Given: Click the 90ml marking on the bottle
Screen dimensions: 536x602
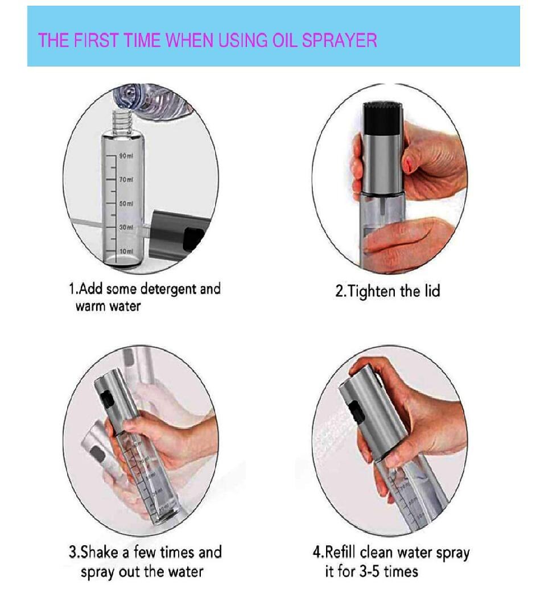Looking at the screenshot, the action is pos(126,156).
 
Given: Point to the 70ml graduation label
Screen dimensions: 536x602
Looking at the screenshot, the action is pos(126,180).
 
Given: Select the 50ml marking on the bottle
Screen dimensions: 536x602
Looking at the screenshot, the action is pos(126,204).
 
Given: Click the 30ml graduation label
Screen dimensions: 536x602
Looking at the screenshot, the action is pos(126,227).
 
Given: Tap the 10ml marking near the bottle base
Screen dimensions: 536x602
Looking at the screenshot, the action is pos(126,251).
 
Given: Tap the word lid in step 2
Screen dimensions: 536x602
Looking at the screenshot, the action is pos(432,291).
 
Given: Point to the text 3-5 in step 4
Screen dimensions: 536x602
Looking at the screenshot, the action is pos(370,571).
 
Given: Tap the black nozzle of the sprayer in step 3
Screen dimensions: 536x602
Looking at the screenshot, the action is pos(108,399).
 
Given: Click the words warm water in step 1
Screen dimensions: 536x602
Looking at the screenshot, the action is pos(108,306).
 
